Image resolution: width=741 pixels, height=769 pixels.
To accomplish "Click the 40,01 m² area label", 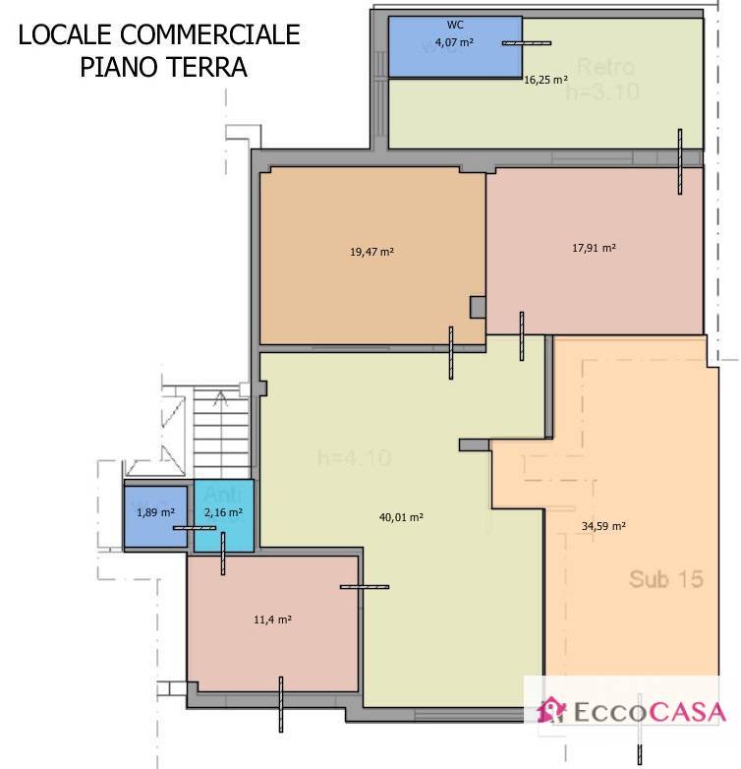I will pos(401,516).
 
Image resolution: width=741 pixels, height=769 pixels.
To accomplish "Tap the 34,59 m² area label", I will pos(603,526).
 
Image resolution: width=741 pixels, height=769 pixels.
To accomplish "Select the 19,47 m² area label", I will pos(371,252).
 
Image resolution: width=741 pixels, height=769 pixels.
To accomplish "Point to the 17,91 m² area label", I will pos(594,249).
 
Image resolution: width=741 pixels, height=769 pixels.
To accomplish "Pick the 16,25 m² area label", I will pos(548,81).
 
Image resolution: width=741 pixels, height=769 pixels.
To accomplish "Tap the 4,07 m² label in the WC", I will pos(456,43).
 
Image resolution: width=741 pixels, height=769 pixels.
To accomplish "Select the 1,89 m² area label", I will pos(155,512).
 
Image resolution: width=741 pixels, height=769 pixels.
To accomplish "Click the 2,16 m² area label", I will pos(223,512).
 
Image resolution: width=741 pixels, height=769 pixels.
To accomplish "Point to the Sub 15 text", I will pos(666,579).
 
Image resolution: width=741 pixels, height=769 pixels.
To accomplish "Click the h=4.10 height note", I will pos(355,457).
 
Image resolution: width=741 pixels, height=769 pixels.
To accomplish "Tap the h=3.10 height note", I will pos(601,93).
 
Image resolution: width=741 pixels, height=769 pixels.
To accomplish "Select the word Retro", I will pos(605,68).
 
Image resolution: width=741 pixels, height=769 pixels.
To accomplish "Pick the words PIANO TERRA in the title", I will pos(161,68).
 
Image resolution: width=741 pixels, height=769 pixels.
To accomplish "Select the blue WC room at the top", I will pos(455,47).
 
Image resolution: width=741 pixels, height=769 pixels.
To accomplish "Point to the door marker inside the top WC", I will pos(527,43).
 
